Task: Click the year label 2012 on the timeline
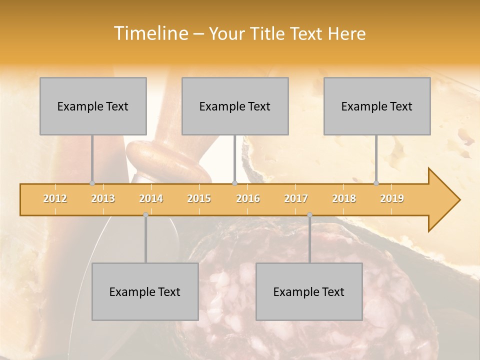pyautogui.click(x=55, y=198)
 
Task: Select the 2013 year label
pyautogui.click(x=103, y=198)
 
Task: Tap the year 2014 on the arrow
pyautogui.click(x=151, y=198)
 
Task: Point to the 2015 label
pyautogui.click(x=199, y=198)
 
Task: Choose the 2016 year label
pyautogui.click(x=248, y=198)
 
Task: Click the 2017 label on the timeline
pyautogui.click(x=296, y=198)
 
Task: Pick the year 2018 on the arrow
pyautogui.click(x=344, y=198)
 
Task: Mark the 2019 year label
pyautogui.click(x=392, y=198)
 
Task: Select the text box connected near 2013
pyautogui.click(x=93, y=106)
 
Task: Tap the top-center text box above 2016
pyautogui.click(x=235, y=106)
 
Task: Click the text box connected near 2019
pyautogui.click(x=377, y=106)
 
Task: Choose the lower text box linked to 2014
pyautogui.click(x=145, y=291)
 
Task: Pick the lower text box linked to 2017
pyautogui.click(x=309, y=291)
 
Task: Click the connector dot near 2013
pyautogui.click(x=92, y=183)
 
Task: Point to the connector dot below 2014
pyautogui.click(x=145, y=215)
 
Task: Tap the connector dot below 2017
pyautogui.click(x=309, y=215)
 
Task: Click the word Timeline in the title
pyautogui.click(x=150, y=33)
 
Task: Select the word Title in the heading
pyautogui.click(x=269, y=33)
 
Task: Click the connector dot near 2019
pyautogui.click(x=376, y=183)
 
